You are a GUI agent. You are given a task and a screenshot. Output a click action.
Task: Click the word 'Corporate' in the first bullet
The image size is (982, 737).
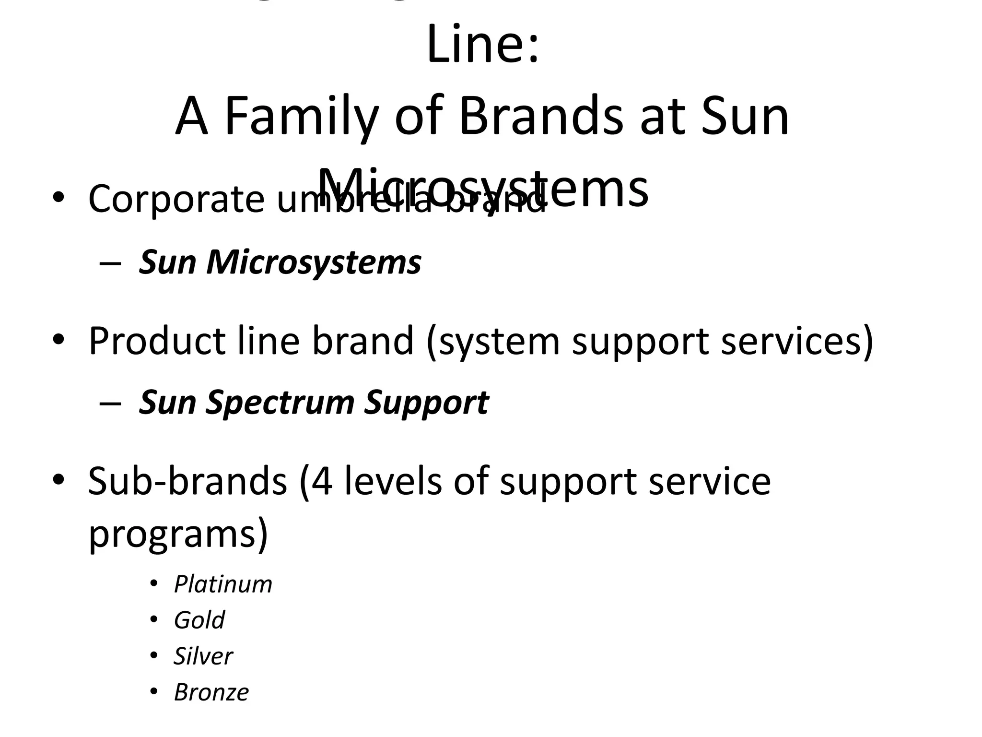pyautogui.click(x=176, y=199)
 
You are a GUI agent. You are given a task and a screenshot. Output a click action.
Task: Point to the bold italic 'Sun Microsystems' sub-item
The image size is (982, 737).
pyautogui.click(x=280, y=262)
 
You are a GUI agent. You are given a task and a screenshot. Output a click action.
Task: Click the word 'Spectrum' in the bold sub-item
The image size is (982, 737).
pyautogui.click(x=280, y=402)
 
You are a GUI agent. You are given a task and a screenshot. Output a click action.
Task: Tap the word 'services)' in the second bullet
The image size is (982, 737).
pyautogui.click(x=797, y=341)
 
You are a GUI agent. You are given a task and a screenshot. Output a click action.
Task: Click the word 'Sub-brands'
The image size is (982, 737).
pyautogui.click(x=187, y=481)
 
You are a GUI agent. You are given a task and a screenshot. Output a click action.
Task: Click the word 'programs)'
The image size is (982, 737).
pyautogui.click(x=178, y=534)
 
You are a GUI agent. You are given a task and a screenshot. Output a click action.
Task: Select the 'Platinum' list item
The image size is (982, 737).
pyautogui.click(x=223, y=584)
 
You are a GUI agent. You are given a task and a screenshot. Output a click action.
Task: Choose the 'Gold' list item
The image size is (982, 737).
pyautogui.click(x=199, y=620)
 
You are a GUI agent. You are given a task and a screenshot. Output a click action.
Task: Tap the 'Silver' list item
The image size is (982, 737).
pyautogui.click(x=203, y=656)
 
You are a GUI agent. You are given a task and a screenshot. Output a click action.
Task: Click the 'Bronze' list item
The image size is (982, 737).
pyautogui.click(x=211, y=692)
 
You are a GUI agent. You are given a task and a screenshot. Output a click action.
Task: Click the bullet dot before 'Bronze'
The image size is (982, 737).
pyautogui.click(x=153, y=692)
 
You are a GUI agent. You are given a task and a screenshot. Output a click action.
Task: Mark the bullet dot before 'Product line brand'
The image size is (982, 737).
pyautogui.click(x=58, y=341)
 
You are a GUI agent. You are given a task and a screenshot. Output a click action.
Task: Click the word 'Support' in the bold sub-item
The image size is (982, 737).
pyautogui.click(x=426, y=402)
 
